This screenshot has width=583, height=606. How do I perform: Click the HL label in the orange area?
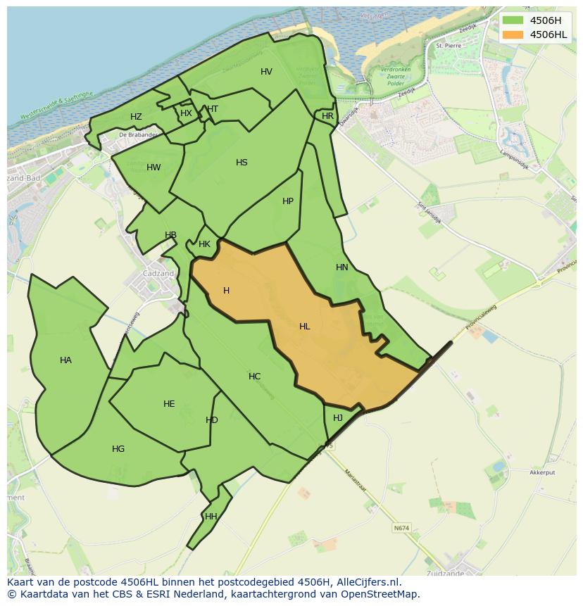[304, 327]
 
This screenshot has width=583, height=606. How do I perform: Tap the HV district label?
[266, 72]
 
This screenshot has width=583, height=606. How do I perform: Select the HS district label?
[242, 163]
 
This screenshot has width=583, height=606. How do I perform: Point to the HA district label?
[65, 360]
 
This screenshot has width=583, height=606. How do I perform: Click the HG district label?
[118, 449]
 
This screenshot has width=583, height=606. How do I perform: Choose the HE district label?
[169, 404]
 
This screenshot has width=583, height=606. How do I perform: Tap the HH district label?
[211, 517]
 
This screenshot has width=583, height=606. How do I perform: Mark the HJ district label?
[338, 418]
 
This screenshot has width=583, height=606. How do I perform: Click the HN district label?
[342, 267]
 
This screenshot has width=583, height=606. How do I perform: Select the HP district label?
[288, 201]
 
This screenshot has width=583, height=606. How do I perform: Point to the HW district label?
[153, 168]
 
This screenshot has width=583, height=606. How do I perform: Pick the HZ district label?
[136, 117]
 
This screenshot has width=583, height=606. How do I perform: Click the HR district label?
[327, 116]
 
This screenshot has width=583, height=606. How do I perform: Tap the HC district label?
[254, 377]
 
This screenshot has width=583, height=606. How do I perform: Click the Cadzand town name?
[158, 274]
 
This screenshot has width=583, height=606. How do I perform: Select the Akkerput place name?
[542, 473]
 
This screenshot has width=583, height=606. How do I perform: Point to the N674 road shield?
[401, 527]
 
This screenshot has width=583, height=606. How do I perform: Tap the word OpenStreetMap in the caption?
[380, 594]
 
